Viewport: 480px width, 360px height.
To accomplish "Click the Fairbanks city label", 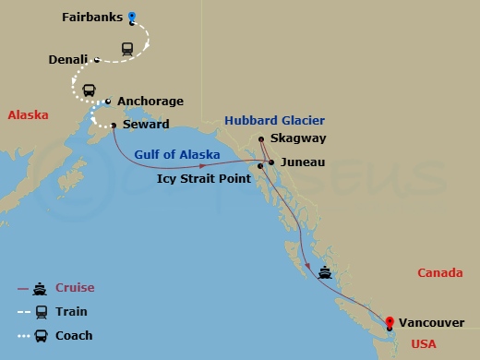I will click(92, 18).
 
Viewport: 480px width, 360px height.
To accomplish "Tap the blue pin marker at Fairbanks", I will click(132, 17).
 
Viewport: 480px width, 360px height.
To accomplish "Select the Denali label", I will click(67, 60).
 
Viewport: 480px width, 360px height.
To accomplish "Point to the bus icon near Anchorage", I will click(89, 90).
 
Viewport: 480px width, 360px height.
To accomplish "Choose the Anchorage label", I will click(150, 102).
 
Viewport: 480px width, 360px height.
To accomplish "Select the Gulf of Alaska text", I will click(174, 154).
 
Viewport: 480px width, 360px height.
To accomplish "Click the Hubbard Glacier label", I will click(272, 120).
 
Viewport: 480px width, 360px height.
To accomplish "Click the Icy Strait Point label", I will click(203, 177).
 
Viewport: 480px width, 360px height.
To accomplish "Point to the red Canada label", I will click(440, 272).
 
